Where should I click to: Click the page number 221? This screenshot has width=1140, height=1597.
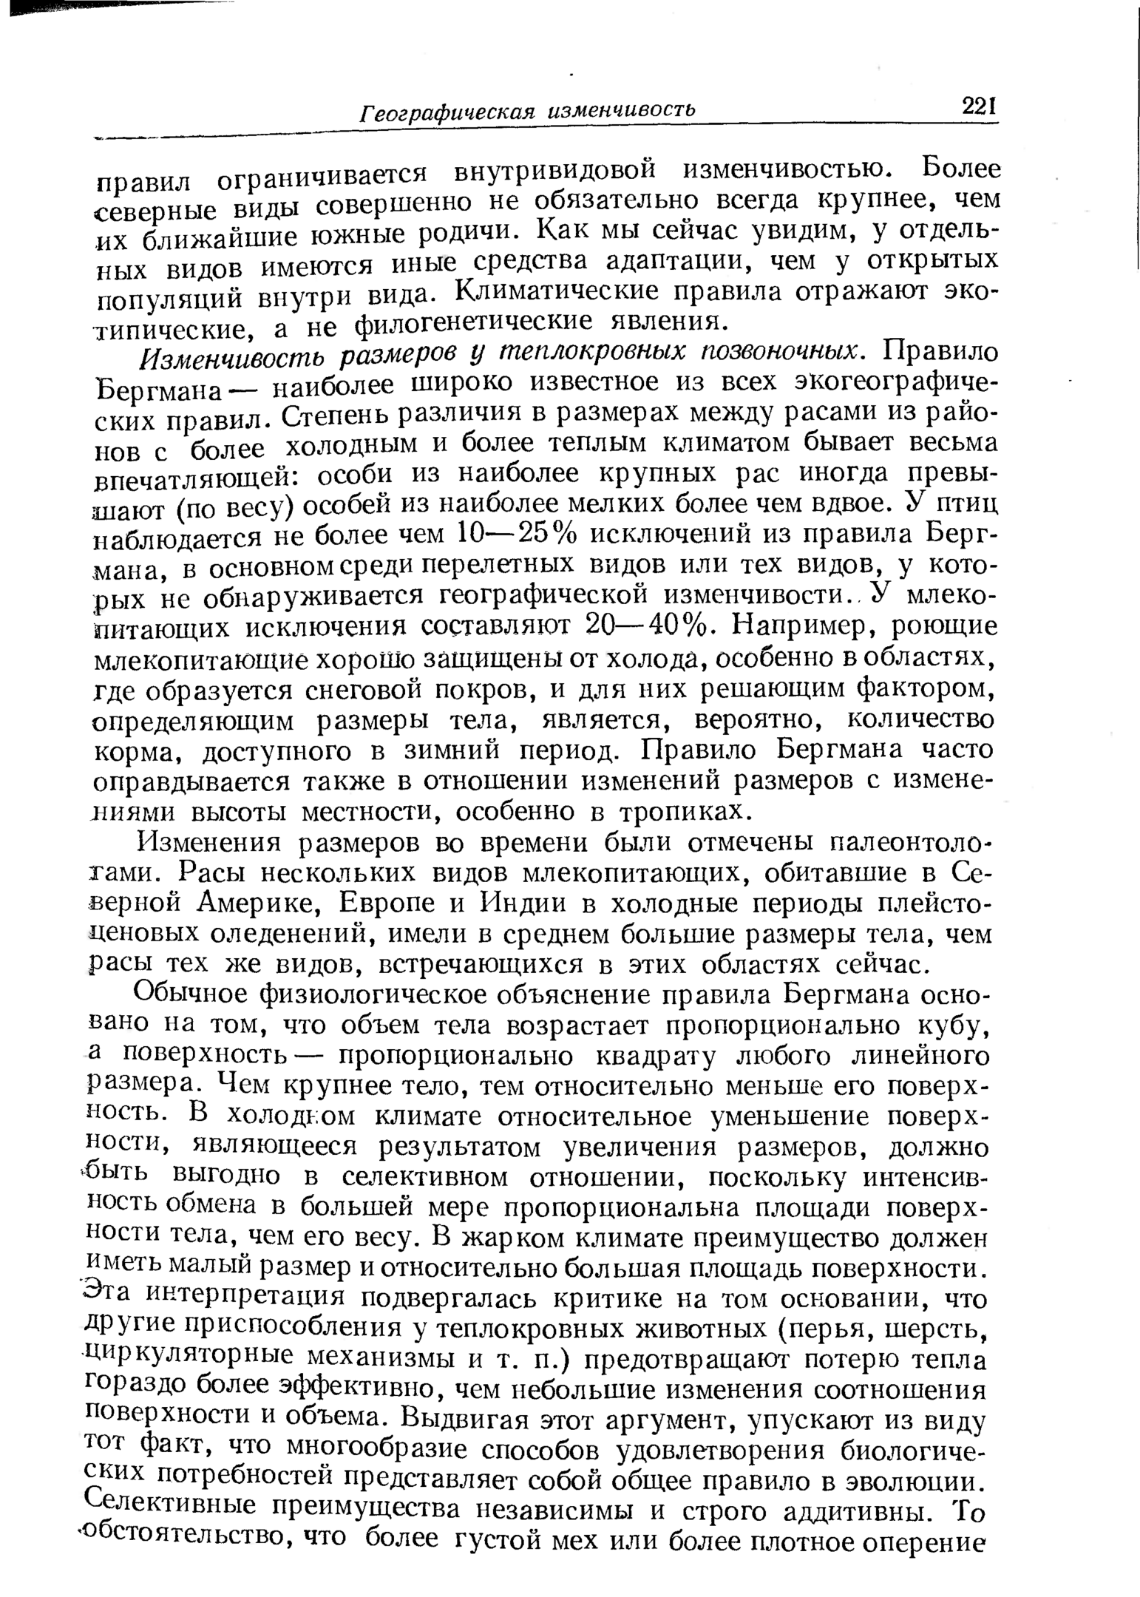pos(980,106)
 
